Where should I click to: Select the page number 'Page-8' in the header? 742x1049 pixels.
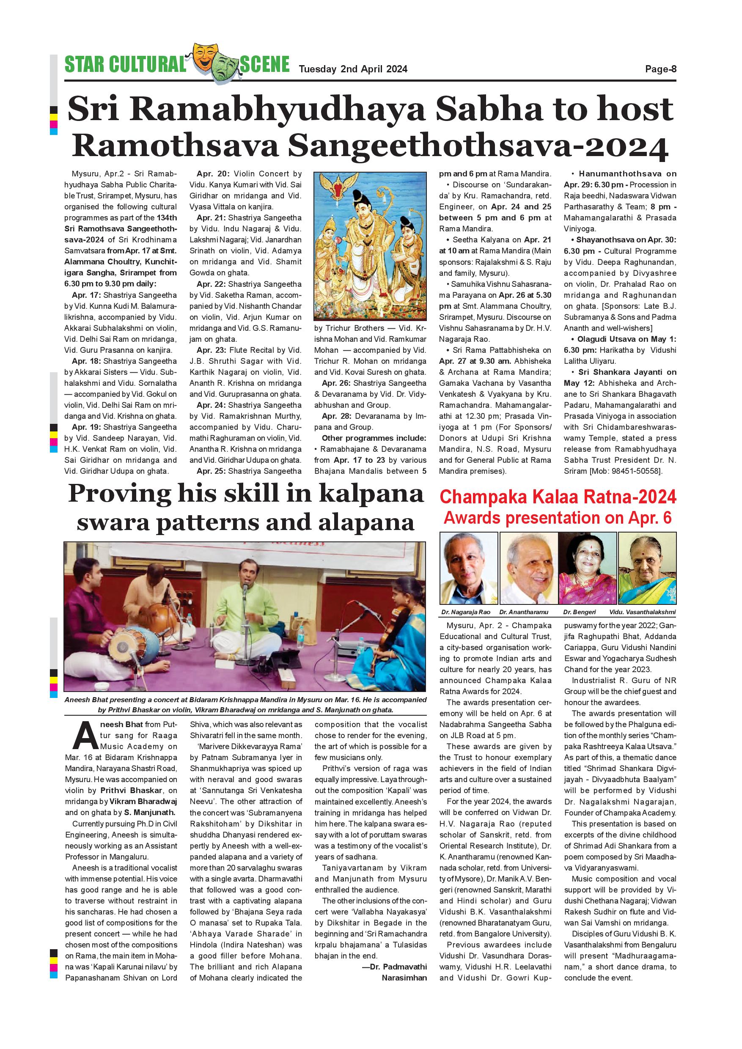(660, 69)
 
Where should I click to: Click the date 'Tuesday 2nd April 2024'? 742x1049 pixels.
(353, 69)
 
